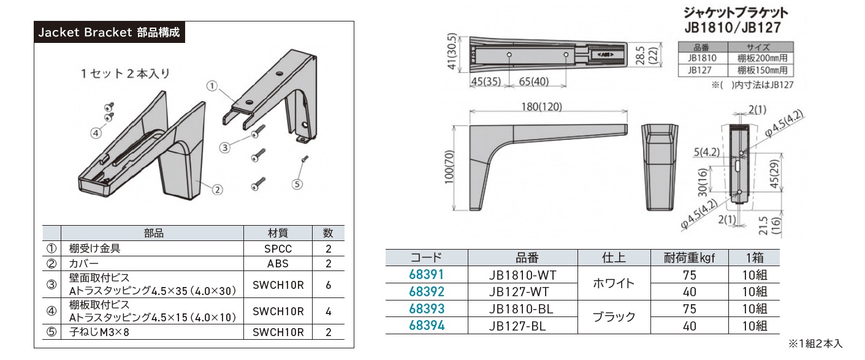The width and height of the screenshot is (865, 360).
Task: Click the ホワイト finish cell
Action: pos(615,283)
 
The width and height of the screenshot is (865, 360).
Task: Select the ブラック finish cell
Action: pos(615,318)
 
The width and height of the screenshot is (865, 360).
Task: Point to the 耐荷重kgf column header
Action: pos(690,258)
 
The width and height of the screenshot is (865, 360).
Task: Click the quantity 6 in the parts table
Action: pos(329,285)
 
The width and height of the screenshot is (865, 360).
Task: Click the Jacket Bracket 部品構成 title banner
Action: pos(109,33)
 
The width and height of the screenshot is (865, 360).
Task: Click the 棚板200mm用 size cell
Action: pos(760,58)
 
